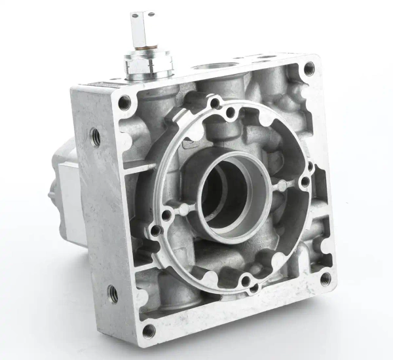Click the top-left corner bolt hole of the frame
[x=124, y=101]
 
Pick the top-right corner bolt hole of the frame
[x=309, y=67]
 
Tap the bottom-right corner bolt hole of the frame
[x=325, y=278]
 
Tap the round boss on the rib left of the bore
[x=166, y=214]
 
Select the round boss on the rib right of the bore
[x=305, y=182]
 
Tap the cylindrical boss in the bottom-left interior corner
[x=167, y=291]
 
